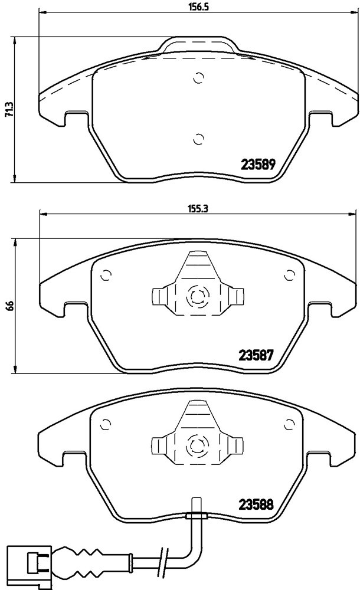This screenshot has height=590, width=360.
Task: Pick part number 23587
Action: (x=256, y=355)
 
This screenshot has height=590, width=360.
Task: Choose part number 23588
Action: (x=256, y=504)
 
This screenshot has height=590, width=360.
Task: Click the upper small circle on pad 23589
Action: (x=198, y=78)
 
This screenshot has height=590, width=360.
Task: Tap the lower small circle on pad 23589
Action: (x=198, y=139)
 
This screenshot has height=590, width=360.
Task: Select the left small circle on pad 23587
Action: (x=106, y=276)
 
